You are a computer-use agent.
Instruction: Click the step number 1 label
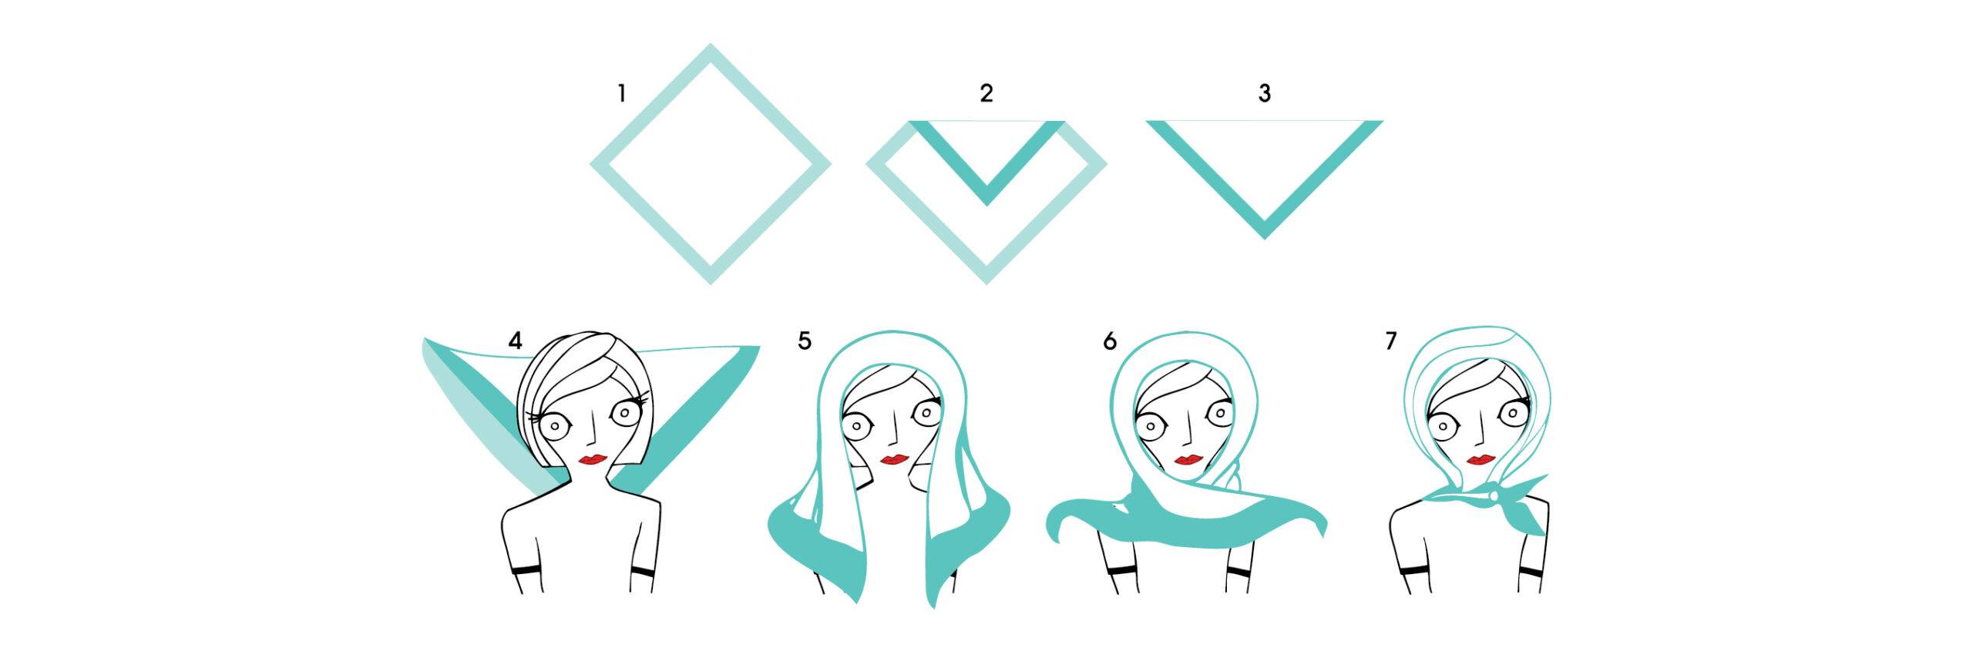point(621,94)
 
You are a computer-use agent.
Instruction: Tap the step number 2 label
point(986,94)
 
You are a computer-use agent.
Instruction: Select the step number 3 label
point(1264,94)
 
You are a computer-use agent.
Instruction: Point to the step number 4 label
point(515,341)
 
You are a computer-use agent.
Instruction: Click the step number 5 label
point(805,341)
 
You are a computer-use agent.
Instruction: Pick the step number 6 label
point(1110,341)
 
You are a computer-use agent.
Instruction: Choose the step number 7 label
point(1391,341)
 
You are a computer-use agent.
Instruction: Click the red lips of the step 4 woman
point(594,459)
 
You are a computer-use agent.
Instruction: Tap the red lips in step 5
point(895,460)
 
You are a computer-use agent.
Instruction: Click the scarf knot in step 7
point(1497,496)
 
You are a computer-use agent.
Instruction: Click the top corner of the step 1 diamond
point(710,45)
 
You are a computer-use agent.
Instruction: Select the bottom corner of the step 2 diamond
point(986,283)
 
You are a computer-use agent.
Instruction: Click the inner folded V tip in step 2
point(986,203)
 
